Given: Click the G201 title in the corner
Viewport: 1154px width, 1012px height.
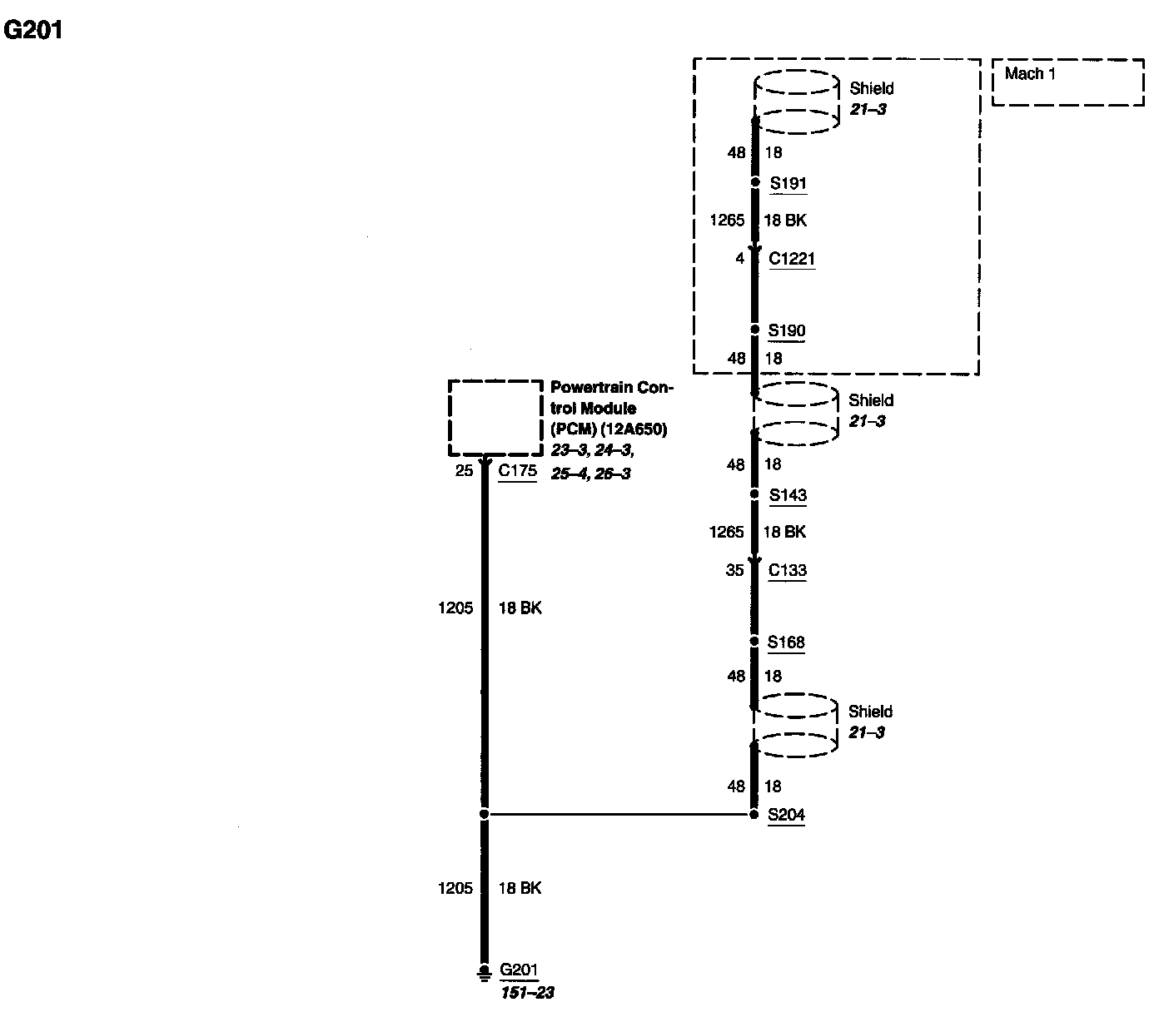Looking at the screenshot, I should coord(33,31).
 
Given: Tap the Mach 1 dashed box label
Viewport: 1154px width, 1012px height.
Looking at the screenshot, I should coord(1030,74).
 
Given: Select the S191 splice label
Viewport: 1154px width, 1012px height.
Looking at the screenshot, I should coord(788,183).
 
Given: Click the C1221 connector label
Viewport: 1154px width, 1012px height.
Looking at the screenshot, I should coord(792,259).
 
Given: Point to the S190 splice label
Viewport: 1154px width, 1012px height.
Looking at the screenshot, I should coord(787,330).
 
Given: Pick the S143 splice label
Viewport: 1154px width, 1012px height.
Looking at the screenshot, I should coord(788,495).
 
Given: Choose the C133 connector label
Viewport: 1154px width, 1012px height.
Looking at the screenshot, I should coord(787,570).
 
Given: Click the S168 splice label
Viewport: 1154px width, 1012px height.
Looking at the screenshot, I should coord(786,642).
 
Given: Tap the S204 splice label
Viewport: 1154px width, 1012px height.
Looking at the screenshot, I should coord(786,815).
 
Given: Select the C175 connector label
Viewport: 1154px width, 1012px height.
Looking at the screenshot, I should coord(517,471).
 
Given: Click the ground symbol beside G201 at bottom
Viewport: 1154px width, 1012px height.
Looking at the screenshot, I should coord(484,971).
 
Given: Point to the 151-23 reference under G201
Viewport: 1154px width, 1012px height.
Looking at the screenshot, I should coord(527,993).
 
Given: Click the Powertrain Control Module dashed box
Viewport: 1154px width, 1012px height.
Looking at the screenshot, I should coord(495,418).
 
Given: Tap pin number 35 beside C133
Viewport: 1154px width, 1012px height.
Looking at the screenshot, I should coord(734,570).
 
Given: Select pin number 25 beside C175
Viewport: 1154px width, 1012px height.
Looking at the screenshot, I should coord(464,471).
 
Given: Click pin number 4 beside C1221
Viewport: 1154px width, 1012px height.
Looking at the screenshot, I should coord(739,259).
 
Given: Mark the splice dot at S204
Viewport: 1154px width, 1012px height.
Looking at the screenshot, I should coord(754,815).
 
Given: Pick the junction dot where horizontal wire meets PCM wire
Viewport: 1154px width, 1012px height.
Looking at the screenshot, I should coord(484,815).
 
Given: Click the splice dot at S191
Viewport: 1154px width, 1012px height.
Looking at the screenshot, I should coord(755,182).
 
